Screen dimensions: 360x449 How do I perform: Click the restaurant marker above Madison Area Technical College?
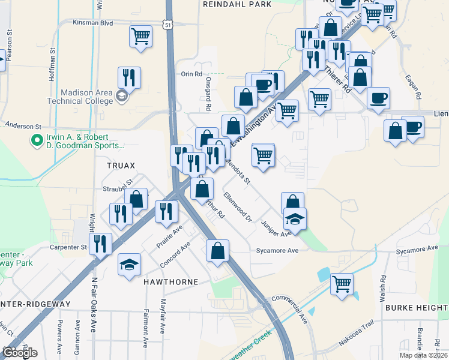(x=129, y=76)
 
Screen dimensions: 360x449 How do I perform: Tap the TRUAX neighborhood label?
(x=121, y=165)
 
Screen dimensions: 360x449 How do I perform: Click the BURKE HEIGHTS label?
(x=416, y=308)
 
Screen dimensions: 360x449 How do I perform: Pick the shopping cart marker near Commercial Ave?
(x=342, y=283)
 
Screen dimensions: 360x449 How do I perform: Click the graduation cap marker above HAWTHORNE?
(x=129, y=266)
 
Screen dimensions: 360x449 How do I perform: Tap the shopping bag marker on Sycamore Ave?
(x=217, y=250)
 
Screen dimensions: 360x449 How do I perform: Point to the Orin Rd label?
(x=191, y=74)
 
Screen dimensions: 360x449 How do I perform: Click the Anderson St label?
(x=23, y=127)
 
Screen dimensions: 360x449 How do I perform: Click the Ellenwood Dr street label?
(x=237, y=206)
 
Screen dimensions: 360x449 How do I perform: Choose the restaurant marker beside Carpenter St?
(x=100, y=243)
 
